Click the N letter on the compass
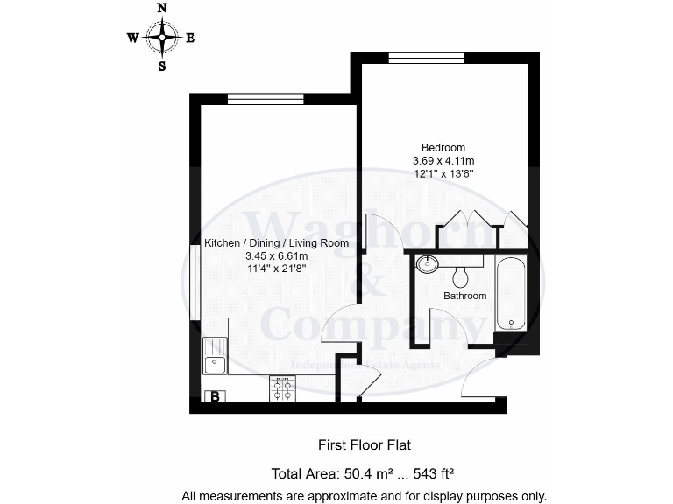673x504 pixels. pyautogui.click(x=161, y=8)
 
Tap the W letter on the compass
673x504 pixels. pyautogui.click(x=132, y=38)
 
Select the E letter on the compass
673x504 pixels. pyautogui.click(x=190, y=38)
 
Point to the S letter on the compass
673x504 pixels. pyautogui.click(x=161, y=66)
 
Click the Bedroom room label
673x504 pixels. pyautogui.click(x=443, y=147)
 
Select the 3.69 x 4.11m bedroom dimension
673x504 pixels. pyautogui.click(x=443, y=160)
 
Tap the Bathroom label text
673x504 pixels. pyautogui.click(x=464, y=296)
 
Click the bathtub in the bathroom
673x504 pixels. pyautogui.click(x=510, y=293)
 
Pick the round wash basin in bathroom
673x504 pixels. pyautogui.click(x=428, y=262)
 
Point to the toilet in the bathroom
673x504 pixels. pyautogui.click(x=461, y=276)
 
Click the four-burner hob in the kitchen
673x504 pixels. pyautogui.click(x=283, y=388)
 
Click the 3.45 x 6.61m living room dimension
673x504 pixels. pyautogui.click(x=276, y=256)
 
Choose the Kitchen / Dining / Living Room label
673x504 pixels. pyautogui.click(x=276, y=243)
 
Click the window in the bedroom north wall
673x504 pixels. pyautogui.click(x=426, y=58)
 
